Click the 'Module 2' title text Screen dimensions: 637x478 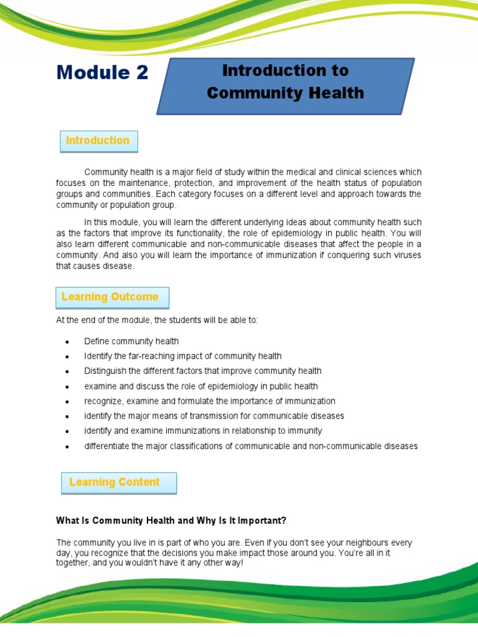(x=102, y=73)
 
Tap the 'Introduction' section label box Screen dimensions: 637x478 (x=98, y=141)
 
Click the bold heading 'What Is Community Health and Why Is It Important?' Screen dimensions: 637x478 (x=171, y=520)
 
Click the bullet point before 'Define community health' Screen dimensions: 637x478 (x=66, y=342)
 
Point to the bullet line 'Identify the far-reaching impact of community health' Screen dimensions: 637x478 (x=183, y=356)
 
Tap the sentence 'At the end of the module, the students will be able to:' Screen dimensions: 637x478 (x=156, y=320)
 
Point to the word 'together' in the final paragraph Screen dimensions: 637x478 (x=73, y=564)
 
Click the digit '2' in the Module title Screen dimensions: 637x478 (x=141, y=73)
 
